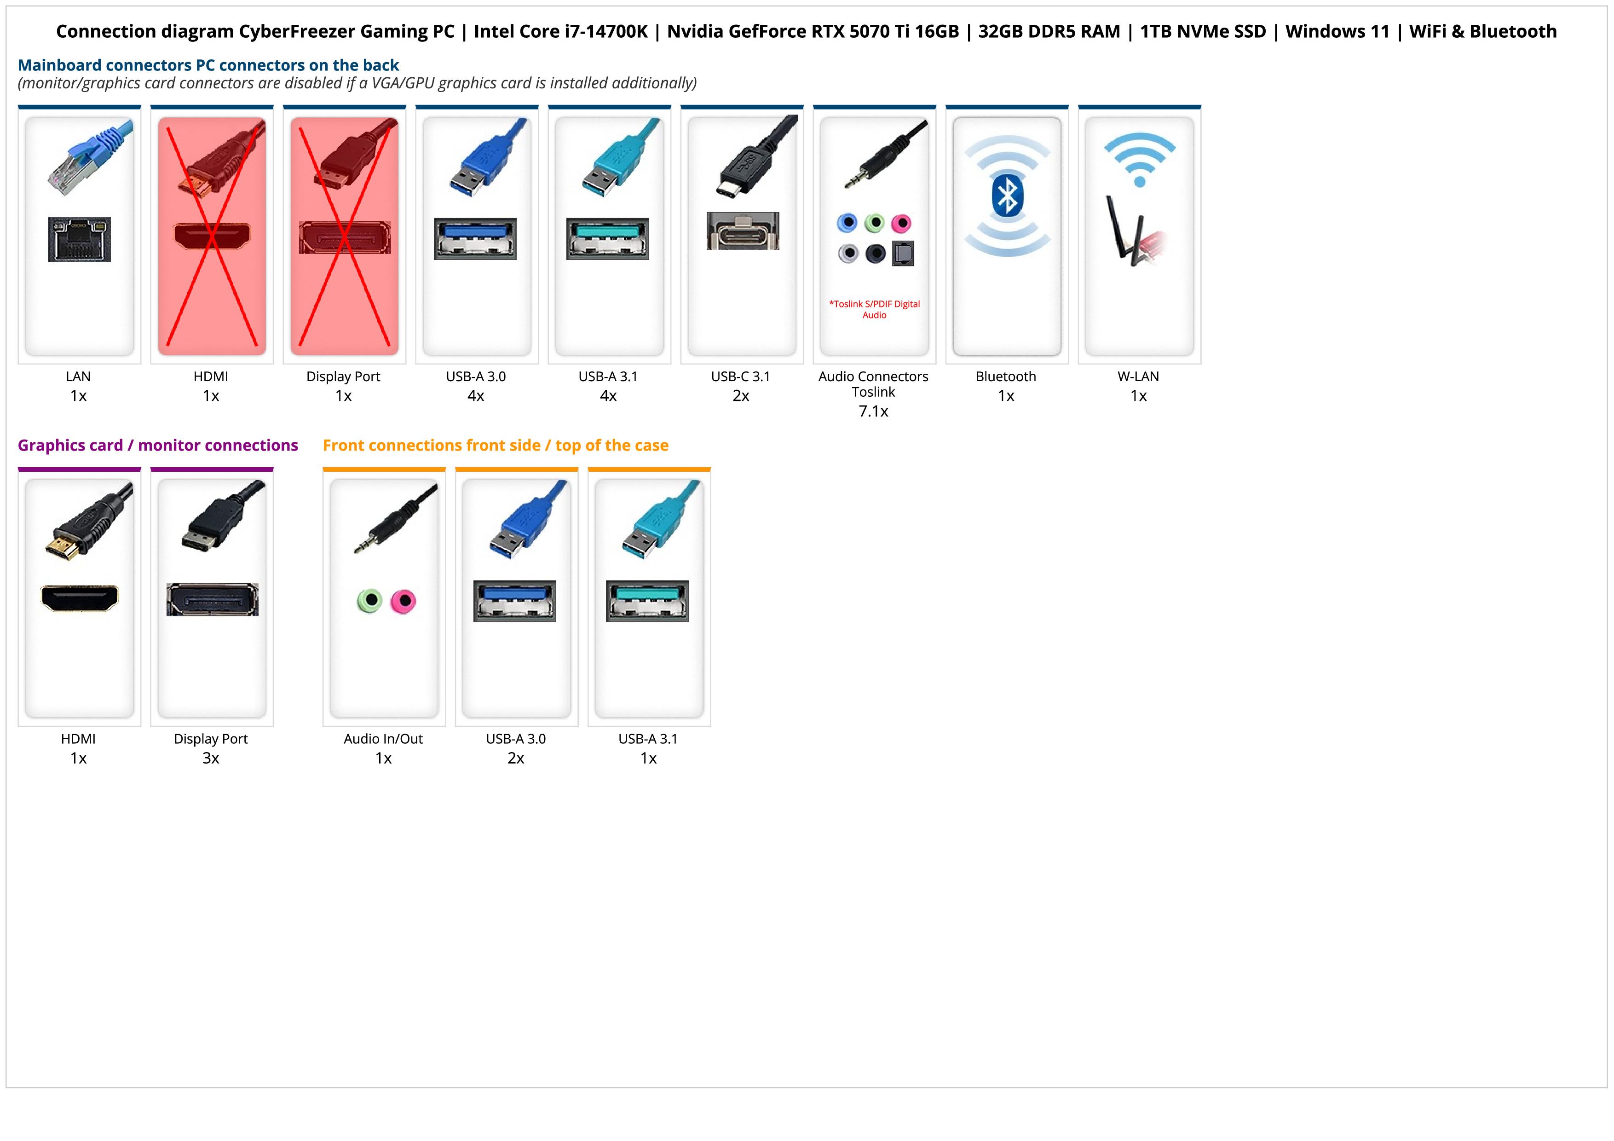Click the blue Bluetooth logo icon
[x=1007, y=196]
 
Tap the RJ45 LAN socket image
[x=80, y=239]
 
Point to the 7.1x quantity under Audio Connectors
[x=873, y=411]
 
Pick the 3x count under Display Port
[x=211, y=758]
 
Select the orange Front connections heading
[x=495, y=445]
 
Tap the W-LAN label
[x=1138, y=376]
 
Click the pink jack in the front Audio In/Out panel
[x=403, y=601]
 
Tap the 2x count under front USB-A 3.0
[x=515, y=758]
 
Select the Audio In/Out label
[x=383, y=739]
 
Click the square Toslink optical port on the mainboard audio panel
[x=903, y=254]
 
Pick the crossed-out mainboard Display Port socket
[x=345, y=237]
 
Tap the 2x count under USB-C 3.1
[x=741, y=396]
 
